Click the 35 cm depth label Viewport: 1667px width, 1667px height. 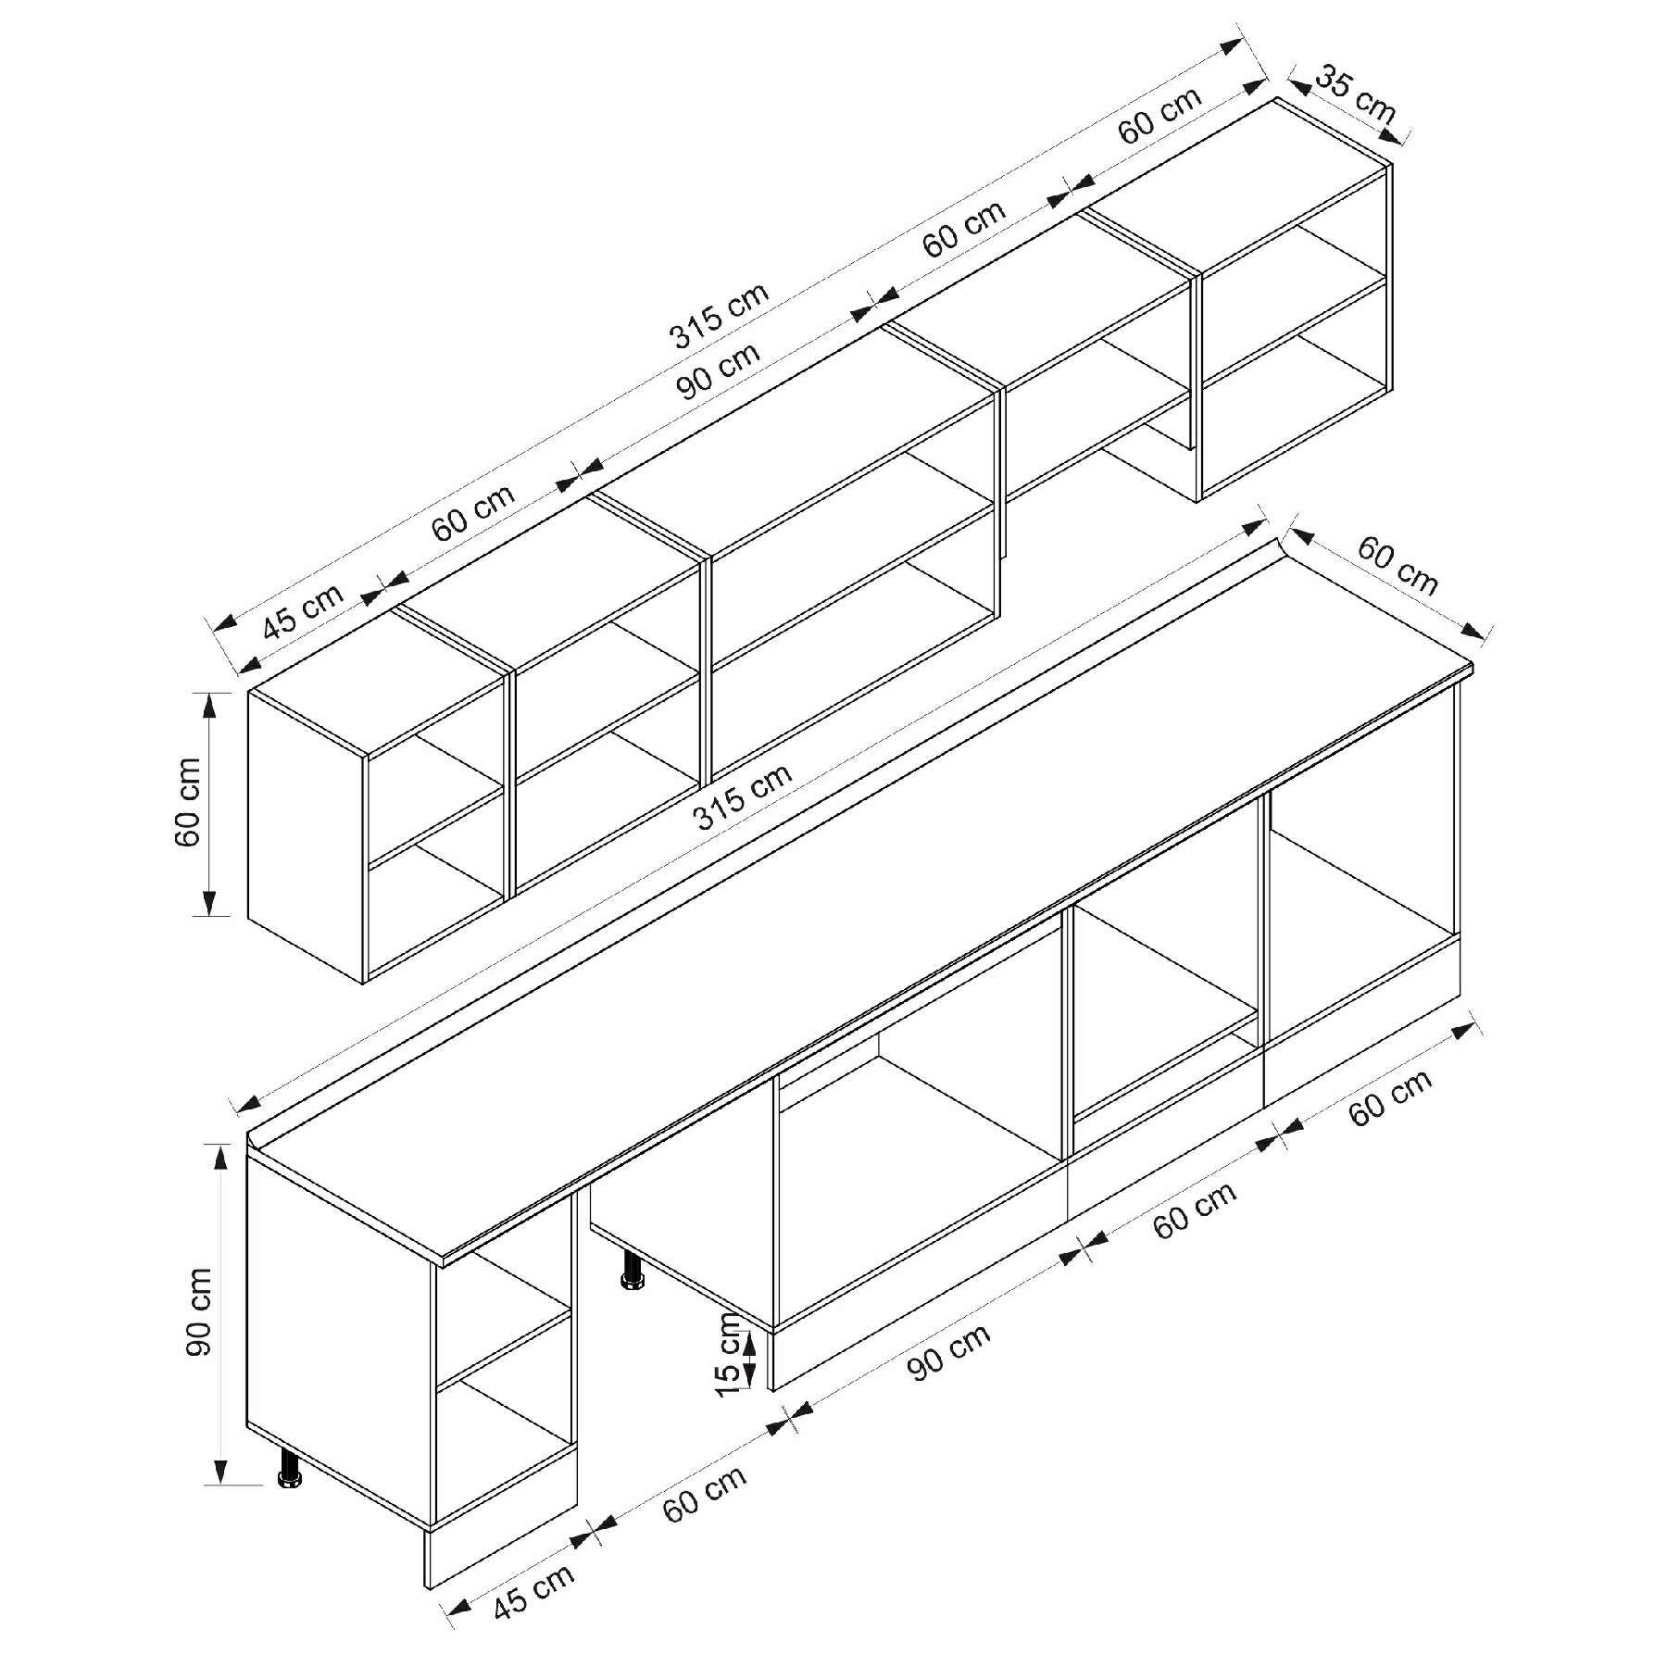(1354, 94)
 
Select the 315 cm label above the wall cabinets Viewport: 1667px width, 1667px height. (720, 315)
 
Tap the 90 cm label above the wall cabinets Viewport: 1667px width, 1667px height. (719, 370)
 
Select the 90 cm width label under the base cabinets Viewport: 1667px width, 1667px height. (947, 1353)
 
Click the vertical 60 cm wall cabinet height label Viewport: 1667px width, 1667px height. (187, 802)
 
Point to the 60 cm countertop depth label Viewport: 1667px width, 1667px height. (1398, 566)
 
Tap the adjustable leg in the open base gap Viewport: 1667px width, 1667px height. (633, 1270)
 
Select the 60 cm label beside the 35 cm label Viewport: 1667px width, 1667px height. (1159, 116)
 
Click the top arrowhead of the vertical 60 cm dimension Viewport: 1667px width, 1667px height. (209, 705)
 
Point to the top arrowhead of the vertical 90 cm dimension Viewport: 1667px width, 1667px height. (220, 1157)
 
